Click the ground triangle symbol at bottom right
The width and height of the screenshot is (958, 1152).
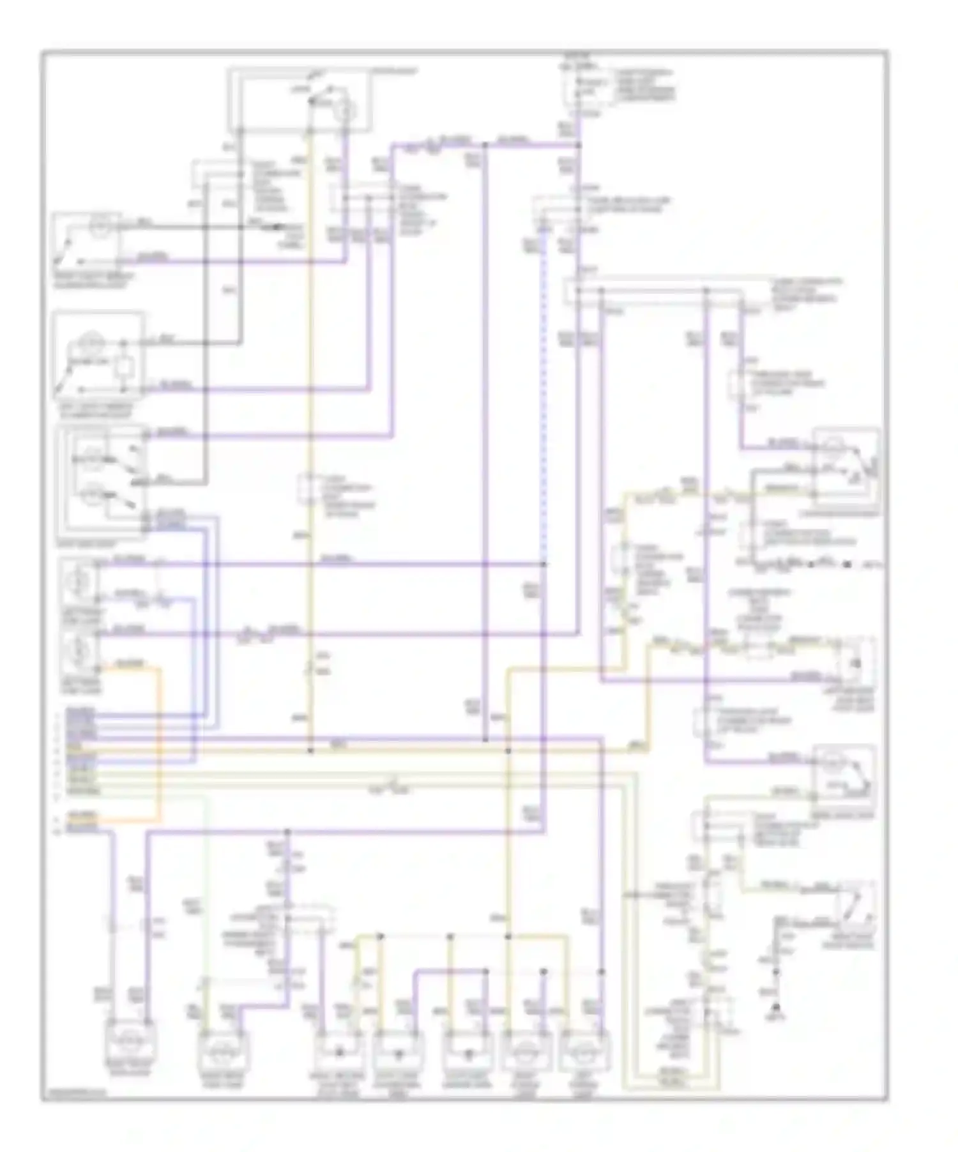776,1008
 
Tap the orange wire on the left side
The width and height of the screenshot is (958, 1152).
158,741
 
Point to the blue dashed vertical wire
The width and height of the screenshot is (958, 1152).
544,396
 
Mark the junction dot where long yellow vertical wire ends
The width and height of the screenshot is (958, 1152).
311,751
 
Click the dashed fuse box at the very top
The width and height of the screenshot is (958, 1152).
578,87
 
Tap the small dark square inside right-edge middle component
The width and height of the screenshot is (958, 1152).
856,663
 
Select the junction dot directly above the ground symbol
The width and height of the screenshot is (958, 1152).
776,971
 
